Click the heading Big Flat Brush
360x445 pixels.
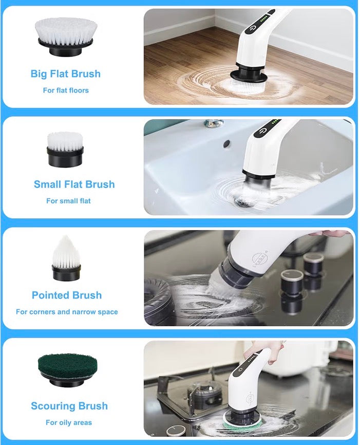click(66, 74)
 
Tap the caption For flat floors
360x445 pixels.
click(66, 90)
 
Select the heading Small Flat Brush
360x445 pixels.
click(74, 184)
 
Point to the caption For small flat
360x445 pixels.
click(68, 201)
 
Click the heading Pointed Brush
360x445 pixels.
click(67, 295)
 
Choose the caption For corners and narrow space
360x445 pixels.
click(67, 312)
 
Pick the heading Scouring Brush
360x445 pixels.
click(69, 406)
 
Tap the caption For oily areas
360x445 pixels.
click(69, 423)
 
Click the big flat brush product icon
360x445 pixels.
click(65, 36)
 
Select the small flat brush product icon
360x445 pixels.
click(65, 149)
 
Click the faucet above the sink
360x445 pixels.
click(214, 124)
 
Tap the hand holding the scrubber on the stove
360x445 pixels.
click(265, 350)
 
